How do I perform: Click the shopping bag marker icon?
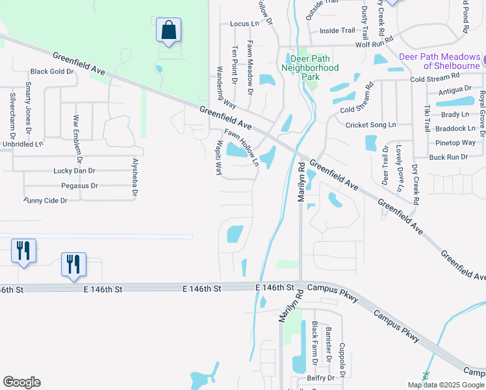(168, 31)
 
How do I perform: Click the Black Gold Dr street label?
(52, 71)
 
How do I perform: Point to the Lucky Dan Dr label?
(74, 171)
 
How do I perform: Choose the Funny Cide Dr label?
(45, 201)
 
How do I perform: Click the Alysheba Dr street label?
(135, 177)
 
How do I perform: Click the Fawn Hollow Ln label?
(242, 146)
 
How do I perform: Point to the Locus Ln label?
(244, 24)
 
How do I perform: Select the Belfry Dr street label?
(320, 377)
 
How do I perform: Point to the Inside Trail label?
(337, 30)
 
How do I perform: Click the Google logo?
(21, 382)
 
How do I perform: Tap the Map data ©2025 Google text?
(446, 385)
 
